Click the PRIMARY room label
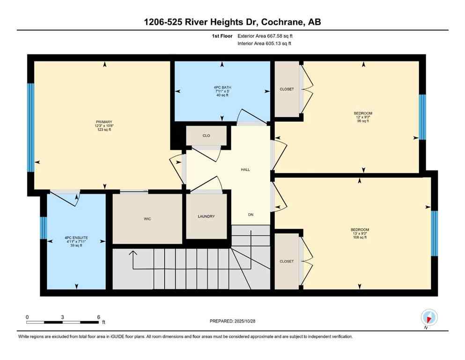[103, 122]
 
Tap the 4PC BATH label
[222, 87]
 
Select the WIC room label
[147, 218]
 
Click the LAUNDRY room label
[206, 216]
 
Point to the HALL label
[245, 169]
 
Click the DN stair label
[251, 215]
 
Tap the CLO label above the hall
[206, 135]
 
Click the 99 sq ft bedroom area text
[363, 121]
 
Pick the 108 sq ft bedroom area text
[360, 237]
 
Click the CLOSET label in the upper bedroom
[287, 89]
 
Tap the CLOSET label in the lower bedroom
[287, 261]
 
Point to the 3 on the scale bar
[62, 317]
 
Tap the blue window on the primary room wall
[30, 127]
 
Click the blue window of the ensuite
[43, 228]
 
